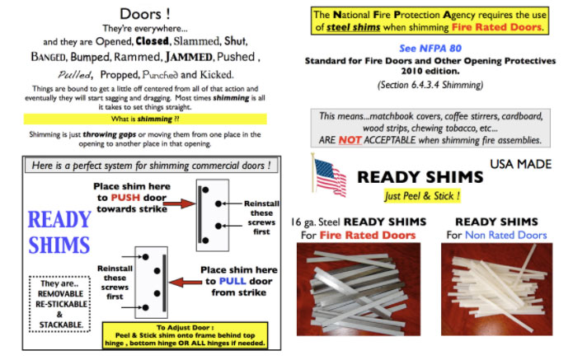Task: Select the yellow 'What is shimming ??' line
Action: coord(145,119)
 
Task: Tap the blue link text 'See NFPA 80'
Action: coord(427,48)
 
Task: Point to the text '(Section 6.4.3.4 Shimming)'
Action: coord(427,85)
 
